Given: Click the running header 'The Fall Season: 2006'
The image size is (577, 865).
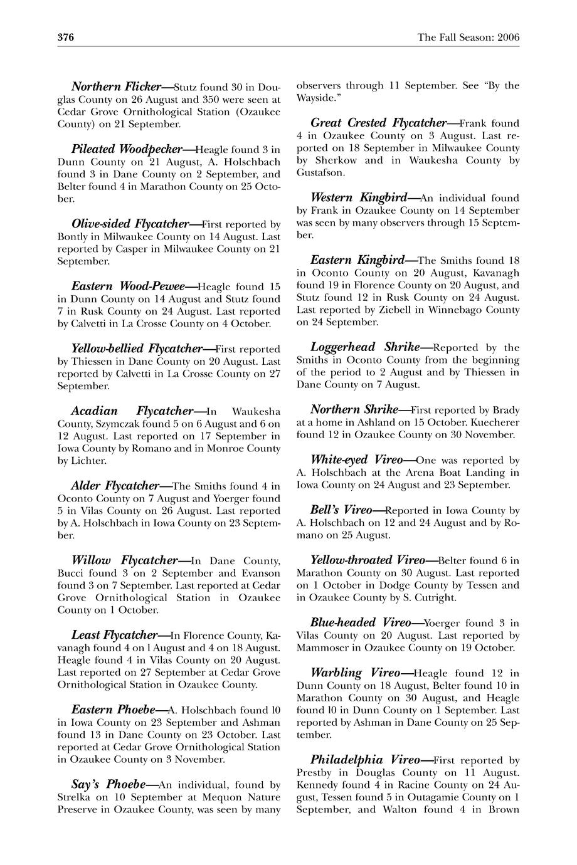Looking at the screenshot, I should coord(468,38).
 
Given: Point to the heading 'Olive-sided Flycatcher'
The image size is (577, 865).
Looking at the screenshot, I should coord(130,224).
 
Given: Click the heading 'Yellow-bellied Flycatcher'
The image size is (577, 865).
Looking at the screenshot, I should coord(136,349).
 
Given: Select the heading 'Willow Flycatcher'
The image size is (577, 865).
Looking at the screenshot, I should coord(125,560).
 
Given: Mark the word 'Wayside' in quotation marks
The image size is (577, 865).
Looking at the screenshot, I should coord(317,98).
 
